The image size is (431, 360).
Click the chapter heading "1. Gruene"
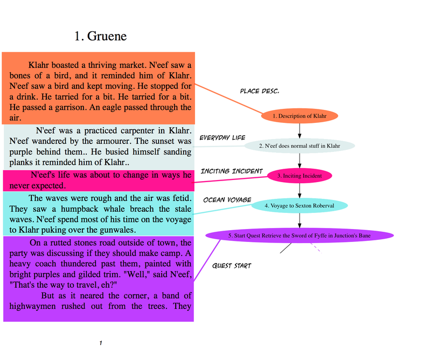(101, 36)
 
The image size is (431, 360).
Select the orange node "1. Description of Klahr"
(300, 116)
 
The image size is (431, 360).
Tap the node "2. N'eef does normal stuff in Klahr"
(300, 146)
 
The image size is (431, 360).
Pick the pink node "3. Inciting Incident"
(300, 176)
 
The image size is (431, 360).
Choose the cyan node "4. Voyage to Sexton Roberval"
(300, 206)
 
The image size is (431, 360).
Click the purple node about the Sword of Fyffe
(300, 236)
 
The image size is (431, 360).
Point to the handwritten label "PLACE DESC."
(260, 91)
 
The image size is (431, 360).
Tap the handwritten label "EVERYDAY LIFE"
(223, 137)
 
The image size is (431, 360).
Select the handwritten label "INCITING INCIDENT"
(232, 171)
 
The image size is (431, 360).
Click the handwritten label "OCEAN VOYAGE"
(227, 199)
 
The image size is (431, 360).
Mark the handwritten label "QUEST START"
(232, 266)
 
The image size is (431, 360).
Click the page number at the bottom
(101, 343)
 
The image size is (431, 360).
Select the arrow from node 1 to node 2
(300, 131)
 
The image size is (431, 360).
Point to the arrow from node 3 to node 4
(300, 191)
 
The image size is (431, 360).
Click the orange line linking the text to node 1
(228, 99)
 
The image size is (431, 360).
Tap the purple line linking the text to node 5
(207, 260)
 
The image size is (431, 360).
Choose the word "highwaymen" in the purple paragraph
(32, 306)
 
